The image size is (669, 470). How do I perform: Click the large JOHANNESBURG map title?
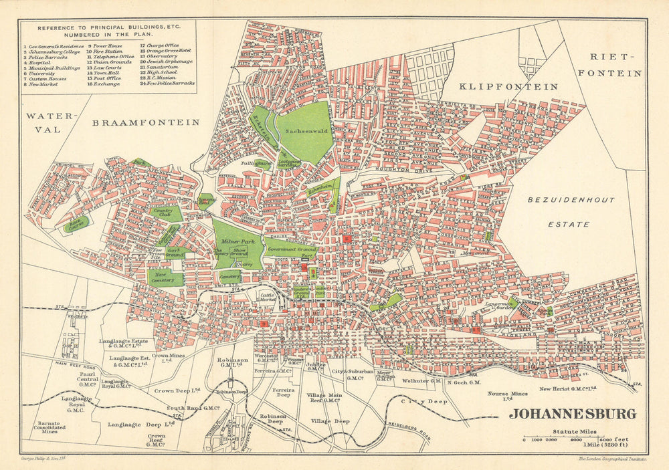572,414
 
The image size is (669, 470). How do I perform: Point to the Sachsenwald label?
305,132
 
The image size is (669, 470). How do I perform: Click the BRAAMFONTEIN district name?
146,122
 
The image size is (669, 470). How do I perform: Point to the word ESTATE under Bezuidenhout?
569,225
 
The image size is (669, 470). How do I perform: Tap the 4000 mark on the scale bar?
575,439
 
